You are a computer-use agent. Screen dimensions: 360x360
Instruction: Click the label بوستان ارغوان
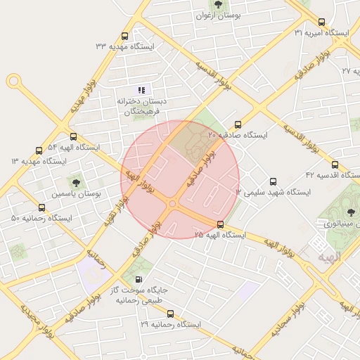(x=217, y=15)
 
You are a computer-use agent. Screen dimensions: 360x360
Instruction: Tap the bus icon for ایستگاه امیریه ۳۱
(x=321, y=22)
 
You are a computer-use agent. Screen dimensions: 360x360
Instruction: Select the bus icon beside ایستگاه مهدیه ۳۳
(x=125, y=36)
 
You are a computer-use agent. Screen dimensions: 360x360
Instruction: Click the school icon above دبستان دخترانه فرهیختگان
(x=141, y=90)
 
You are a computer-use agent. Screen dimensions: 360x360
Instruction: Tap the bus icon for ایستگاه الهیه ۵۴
(x=73, y=137)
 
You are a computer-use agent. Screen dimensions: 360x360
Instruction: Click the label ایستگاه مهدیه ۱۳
(x=38, y=161)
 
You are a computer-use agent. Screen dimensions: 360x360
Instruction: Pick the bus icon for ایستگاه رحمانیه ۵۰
(x=42, y=208)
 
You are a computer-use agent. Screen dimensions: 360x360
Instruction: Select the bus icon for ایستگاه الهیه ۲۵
(x=221, y=224)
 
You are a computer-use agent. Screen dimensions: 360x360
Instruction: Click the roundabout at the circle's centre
(x=172, y=204)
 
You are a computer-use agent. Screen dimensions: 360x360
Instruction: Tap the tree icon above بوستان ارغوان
(x=218, y=4)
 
